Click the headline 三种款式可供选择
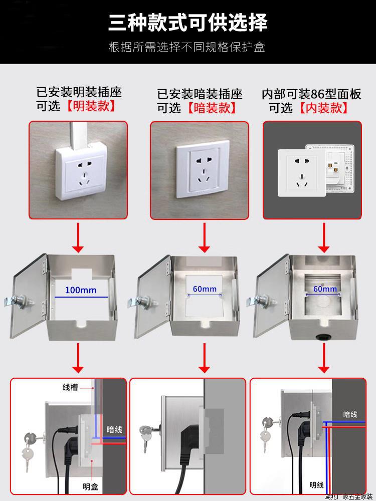pos(188,23)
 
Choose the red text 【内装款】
pos(324,107)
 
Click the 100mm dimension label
pos(80,290)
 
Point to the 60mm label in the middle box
pos(205,289)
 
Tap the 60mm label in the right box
pos(325,289)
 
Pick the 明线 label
pos(316,484)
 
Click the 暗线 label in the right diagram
pos(350,414)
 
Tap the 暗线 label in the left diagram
pos(114,429)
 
